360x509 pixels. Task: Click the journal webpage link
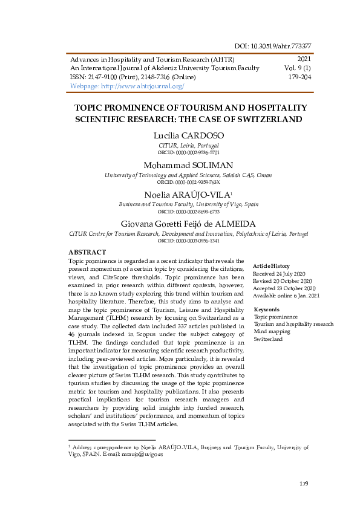pyautogui.click(x=128, y=86)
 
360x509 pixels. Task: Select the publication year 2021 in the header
pyautogui.click(x=304, y=59)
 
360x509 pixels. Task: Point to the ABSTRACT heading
pyautogui.click(x=87, y=252)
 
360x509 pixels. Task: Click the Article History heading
pyautogui.click(x=271, y=266)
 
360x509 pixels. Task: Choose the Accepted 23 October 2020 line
pyautogui.click(x=283, y=288)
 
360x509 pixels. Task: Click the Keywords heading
pyautogui.click(x=266, y=310)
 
